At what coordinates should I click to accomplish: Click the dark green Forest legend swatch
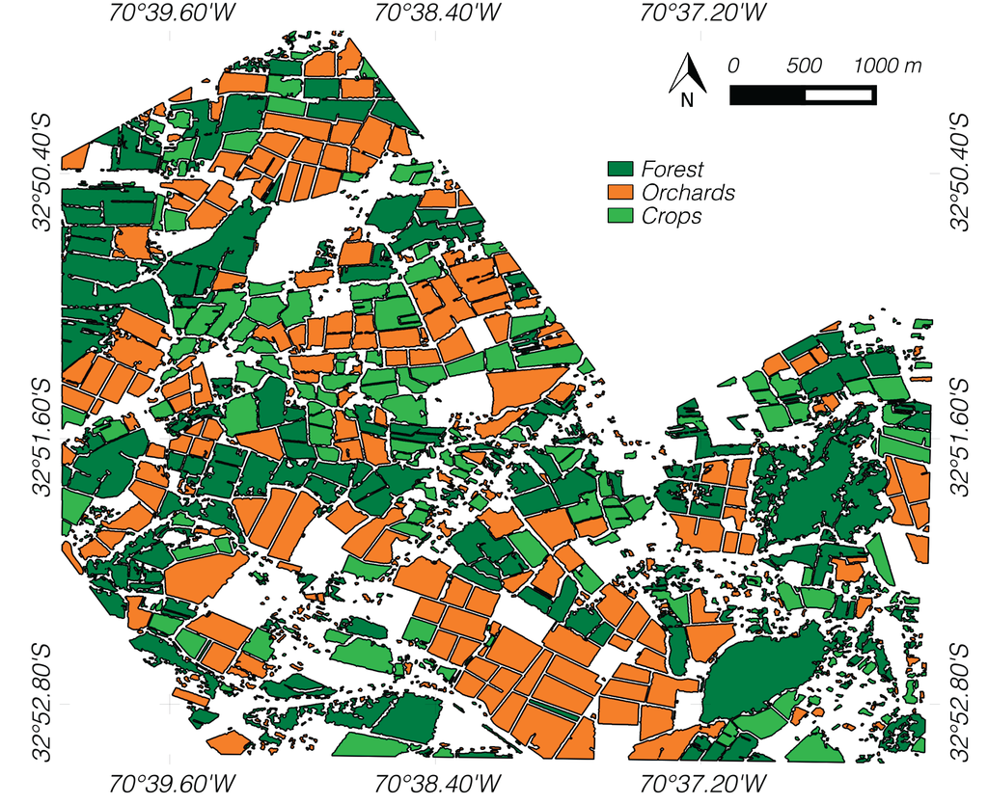pyautogui.click(x=620, y=170)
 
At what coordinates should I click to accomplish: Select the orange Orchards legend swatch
pyautogui.click(x=620, y=193)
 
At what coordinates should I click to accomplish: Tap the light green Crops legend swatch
pyautogui.click(x=620, y=216)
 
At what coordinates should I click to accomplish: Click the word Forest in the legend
pyautogui.click(x=672, y=170)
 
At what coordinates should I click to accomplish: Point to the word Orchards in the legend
pyautogui.click(x=688, y=193)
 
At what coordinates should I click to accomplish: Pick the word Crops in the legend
pyautogui.click(x=672, y=216)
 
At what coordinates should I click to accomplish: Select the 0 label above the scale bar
pyautogui.click(x=733, y=67)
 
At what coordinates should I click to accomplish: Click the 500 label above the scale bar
pyautogui.click(x=804, y=67)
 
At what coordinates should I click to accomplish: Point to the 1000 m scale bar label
pyautogui.click(x=888, y=67)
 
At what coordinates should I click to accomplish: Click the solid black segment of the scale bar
pyautogui.click(x=767, y=94)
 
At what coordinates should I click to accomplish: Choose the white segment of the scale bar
pyautogui.click(x=839, y=94)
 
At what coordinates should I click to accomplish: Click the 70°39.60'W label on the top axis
pyautogui.click(x=171, y=13)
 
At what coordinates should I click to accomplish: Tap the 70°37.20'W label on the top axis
pyautogui.click(x=704, y=13)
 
